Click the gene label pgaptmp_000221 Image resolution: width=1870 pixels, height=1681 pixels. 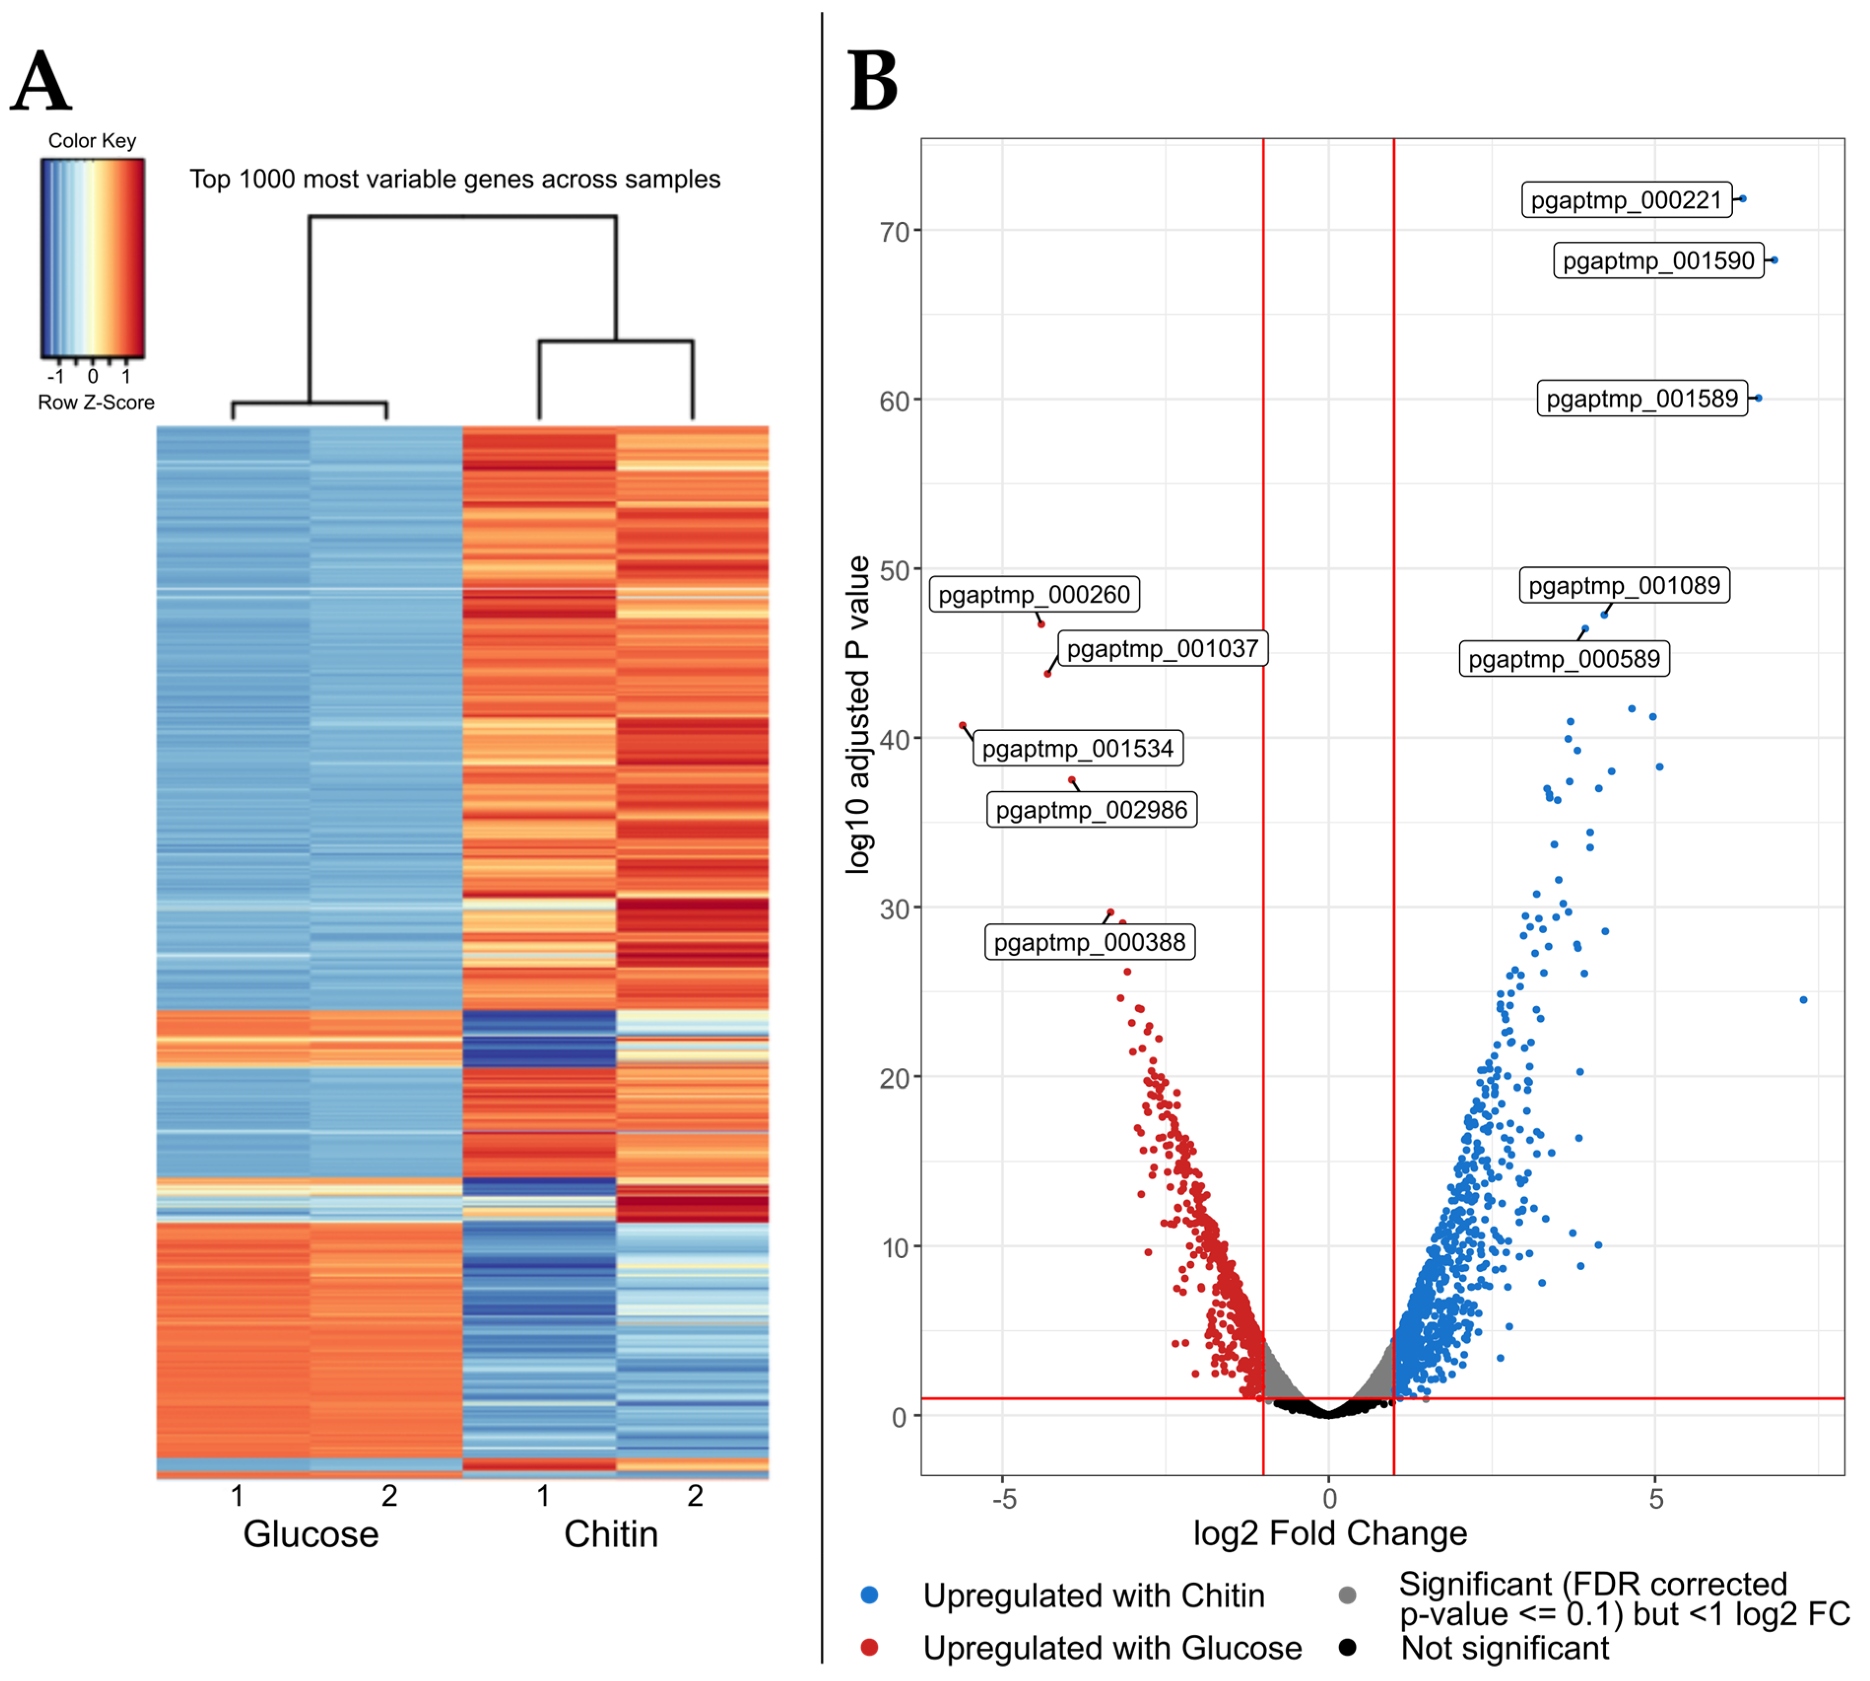click(1626, 200)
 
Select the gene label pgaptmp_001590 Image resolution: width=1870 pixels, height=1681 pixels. click(1658, 260)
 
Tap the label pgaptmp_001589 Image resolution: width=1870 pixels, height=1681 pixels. click(1642, 399)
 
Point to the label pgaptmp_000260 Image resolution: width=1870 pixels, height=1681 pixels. click(1034, 595)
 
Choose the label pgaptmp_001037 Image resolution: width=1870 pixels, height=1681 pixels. click(1162, 649)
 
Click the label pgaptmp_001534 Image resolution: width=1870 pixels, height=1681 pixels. click(1077, 748)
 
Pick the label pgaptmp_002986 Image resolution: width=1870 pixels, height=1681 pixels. click(1091, 810)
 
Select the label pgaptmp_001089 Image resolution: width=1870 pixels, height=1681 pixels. click(1624, 586)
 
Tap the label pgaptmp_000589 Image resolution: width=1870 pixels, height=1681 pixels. click(1564, 660)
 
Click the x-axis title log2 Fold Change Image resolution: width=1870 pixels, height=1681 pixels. click(1330, 1534)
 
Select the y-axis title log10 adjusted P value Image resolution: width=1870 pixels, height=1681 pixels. click(858, 714)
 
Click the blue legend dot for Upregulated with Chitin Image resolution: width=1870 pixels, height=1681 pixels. click(868, 1595)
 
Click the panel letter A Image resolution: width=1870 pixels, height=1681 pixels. click(41, 81)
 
